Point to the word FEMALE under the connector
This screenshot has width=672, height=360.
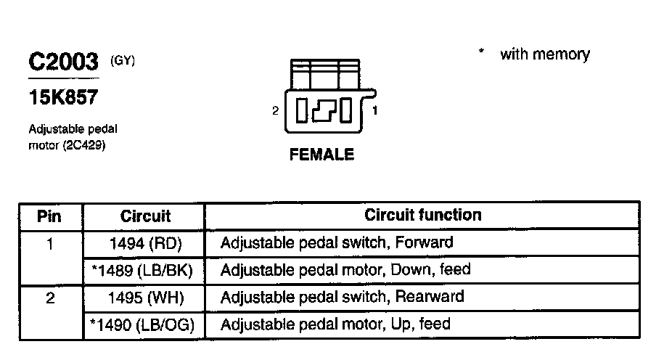click(321, 155)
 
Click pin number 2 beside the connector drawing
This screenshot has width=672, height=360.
click(275, 111)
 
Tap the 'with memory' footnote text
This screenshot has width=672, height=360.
click(544, 54)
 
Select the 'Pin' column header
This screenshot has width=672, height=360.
click(49, 216)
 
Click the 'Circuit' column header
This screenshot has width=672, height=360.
click(145, 216)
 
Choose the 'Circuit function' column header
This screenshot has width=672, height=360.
click(422, 215)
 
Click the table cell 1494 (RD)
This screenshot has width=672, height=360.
click(145, 243)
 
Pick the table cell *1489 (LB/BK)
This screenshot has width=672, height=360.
click(144, 270)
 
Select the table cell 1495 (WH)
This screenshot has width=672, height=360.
click(145, 297)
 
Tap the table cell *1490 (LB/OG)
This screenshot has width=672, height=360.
click(144, 324)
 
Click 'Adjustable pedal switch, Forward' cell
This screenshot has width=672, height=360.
click(337, 242)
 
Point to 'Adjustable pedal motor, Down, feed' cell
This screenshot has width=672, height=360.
click(345, 269)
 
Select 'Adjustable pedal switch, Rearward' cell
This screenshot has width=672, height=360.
click(342, 296)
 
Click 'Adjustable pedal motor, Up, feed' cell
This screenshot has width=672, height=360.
click(335, 324)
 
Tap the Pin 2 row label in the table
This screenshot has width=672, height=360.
click(49, 297)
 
